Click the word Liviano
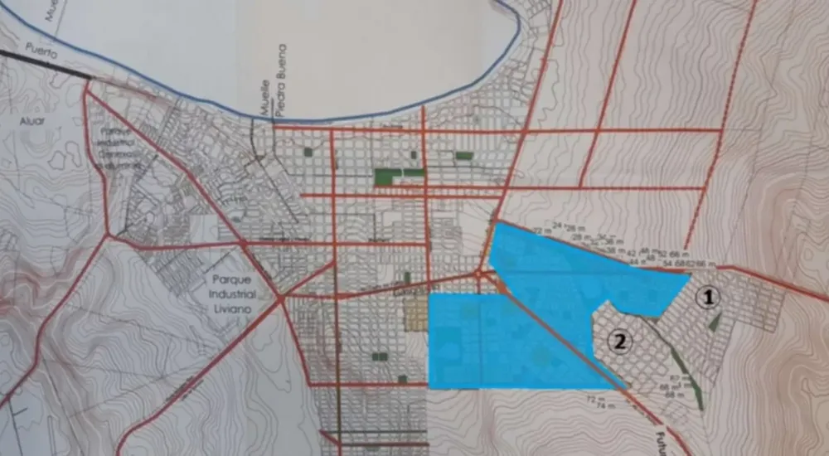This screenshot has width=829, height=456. pos(235,308)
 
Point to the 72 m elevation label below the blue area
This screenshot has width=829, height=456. pos(591,399)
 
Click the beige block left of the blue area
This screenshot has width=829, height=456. pos(414,316)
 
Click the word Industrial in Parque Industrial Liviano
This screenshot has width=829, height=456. pos(234,293)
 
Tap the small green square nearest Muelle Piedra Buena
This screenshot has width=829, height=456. pos(310,152)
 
